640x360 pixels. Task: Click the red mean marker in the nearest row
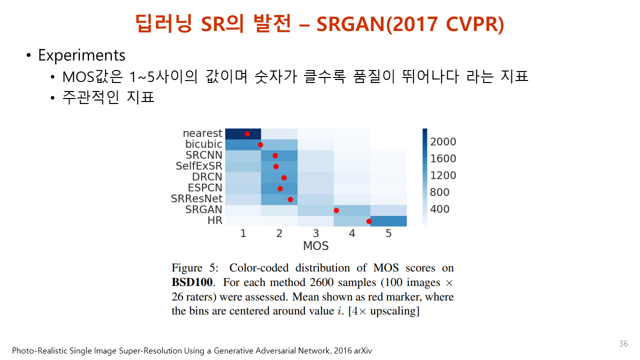click(247, 134)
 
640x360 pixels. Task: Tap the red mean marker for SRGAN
click(336, 210)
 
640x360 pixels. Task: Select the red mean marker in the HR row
click(369, 221)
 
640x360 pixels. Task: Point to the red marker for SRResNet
click(290, 199)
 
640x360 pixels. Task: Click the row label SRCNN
click(203, 155)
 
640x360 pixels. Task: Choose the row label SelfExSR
click(199, 165)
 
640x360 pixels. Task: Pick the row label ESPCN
click(205, 187)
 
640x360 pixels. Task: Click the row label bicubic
click(203, 144)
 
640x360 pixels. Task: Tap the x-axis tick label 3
click(315, 233)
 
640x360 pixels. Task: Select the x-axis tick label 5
click(388, 233)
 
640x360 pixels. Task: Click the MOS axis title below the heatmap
click(315, 245)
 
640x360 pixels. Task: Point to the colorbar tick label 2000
click(443, 141)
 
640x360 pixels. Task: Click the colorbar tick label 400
click(439, 209)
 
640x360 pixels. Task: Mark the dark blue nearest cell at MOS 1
click(243, 134)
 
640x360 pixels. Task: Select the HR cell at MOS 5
click(388, 221)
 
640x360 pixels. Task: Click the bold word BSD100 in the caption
click(192, 282)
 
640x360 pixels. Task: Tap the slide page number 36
click(623, 343)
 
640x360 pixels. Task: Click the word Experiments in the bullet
click(81, 55)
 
